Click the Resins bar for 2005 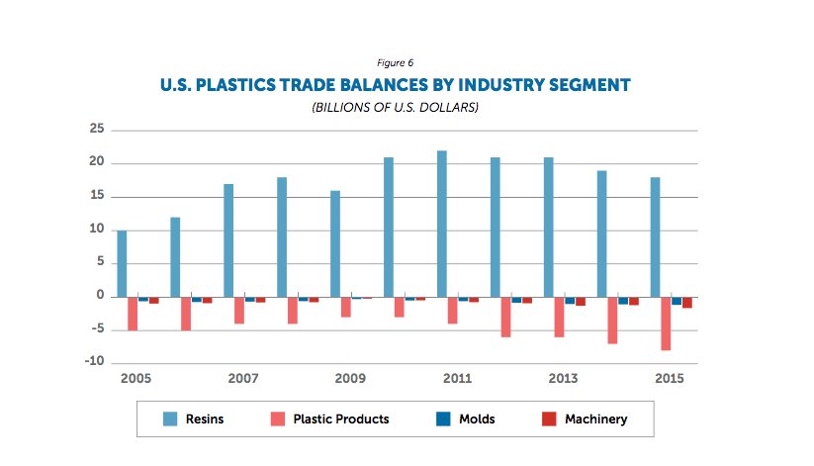[122, 263]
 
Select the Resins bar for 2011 [442, 224]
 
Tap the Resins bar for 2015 [656, 236]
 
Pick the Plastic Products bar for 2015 [667, 323]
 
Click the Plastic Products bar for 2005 [133, 313]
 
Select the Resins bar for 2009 [335, 243]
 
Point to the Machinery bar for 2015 [687, 302]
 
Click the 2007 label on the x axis [243, 378]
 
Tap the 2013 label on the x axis [564, 378]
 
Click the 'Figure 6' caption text [395, 63]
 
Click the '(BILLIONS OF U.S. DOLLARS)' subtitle [395, 107]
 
